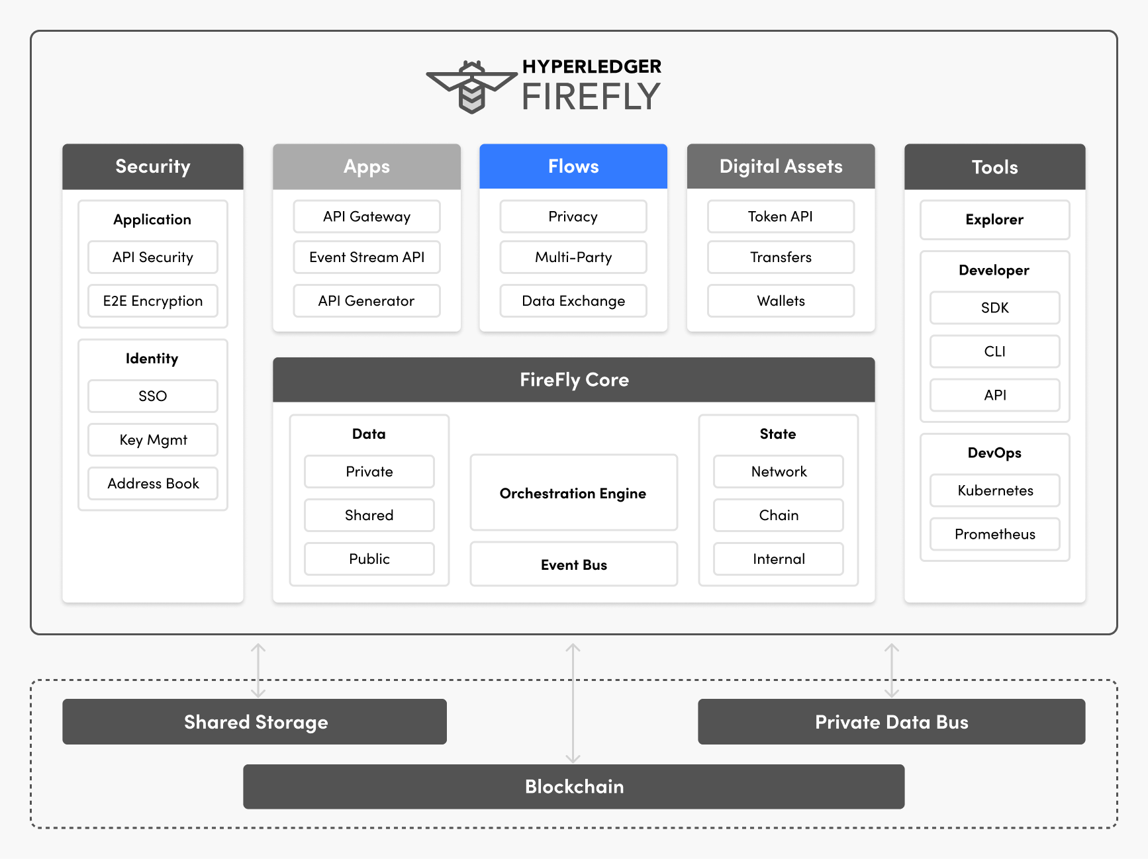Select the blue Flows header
[573, 166]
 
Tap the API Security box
[152, 257]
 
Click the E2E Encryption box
[152, 300]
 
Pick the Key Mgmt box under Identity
[152, 439]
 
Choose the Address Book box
[152, 483]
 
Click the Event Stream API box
[366, 257]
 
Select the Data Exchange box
[573, 300]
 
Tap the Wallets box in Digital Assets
[781, 300]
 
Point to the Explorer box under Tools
[994, 219]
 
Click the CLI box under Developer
[994, 351]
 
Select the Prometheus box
[994, 533]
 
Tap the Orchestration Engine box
[573, 492]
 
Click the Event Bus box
[573, 564]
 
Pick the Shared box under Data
[369, 515]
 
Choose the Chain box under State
[778, 515]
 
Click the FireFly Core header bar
[573, 379]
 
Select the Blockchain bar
[573, 786]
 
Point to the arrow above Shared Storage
[258, 670]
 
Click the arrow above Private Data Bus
[892, 670]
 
